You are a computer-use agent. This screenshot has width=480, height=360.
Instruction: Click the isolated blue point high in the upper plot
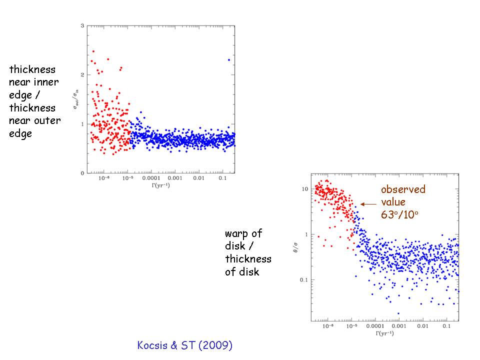[x=229, y=60]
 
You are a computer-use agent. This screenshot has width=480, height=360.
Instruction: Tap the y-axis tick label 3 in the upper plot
[x=81, y=25]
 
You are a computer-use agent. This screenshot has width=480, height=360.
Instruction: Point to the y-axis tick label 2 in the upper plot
[x=81, y=74]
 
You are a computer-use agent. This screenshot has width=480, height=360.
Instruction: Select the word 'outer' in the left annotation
[x=47, y=121]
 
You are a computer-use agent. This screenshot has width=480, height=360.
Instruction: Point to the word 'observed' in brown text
[x=403, y=189]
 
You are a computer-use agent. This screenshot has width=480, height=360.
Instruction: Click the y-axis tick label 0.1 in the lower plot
[x=302, y=279]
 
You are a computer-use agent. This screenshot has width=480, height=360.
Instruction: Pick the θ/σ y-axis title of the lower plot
[x=297, y=247]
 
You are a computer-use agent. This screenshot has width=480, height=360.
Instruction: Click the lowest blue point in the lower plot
[x=398, y=313]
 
